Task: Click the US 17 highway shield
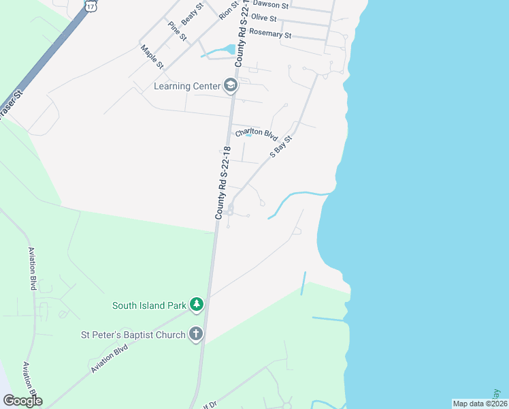pyautogui.click(x=91, y=5)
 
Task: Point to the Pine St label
pyautogui.click(x=178, y=31)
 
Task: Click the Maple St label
pyautogui.click(x=152, y=57)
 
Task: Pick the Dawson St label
pyautogui.click(x=270, y=5)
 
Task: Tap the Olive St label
pyautogui.click(x=263, y=18)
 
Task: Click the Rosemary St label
pyautogui.click(x=269, y=33)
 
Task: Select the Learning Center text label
pyautogui.click(x=187, y=86)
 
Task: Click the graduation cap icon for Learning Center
pyautogui.click(x=231, y=85)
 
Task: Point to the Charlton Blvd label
pyautogui.click(x=257, y=133)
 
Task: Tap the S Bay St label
pyautogui.click(x=280, y=147)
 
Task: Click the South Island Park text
pyautogui.click(x=149, y=305)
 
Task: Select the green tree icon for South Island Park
pyautogui.click(x=197, y=304)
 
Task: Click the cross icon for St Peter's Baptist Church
pyautogui.click(x=196, y=334)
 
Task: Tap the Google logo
pyautogui.click(x=22, y=401)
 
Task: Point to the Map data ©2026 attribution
pyautogui.click(x=480, y=404)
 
